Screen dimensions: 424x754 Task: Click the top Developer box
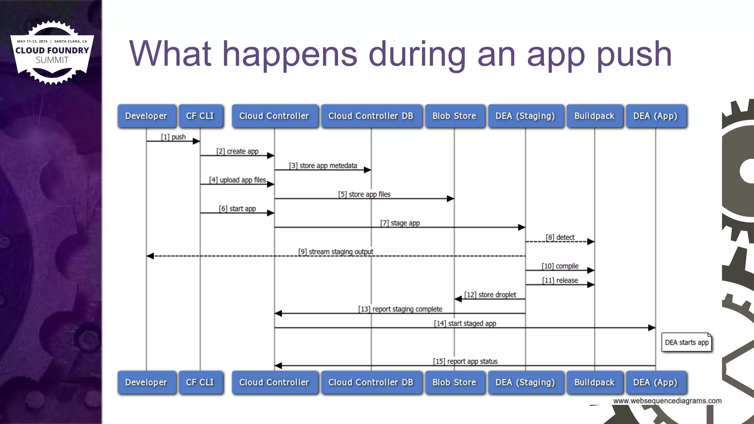coord(147,116)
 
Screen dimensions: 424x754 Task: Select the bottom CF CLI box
coord(200,382)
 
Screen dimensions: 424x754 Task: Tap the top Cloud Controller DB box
coord(371,116)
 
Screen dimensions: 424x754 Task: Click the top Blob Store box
coord(454,116)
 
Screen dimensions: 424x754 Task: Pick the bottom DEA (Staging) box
coord(525,382)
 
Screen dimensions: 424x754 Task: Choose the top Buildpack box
coord(594,116)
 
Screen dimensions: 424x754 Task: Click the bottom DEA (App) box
coord(655,382)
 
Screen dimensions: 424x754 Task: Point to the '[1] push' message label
coord(173,137)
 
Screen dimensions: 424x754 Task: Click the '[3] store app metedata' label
coord(323,166)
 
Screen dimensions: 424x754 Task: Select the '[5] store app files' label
coord(364,194)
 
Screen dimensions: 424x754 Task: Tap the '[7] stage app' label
coord(400,223)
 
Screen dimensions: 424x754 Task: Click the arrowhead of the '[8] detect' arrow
coord(591,242)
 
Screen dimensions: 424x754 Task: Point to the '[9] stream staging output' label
coord(336,252)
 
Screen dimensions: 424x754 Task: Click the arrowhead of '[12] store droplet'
coord(458,299)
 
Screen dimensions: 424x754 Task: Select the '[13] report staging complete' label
coord(400,309)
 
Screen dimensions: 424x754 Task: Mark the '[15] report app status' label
coord(465,361)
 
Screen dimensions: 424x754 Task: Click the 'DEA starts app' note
coord(687,343)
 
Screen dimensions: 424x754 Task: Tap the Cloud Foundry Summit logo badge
coord(52,52)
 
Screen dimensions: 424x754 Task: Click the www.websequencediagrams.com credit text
coord(667,401)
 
